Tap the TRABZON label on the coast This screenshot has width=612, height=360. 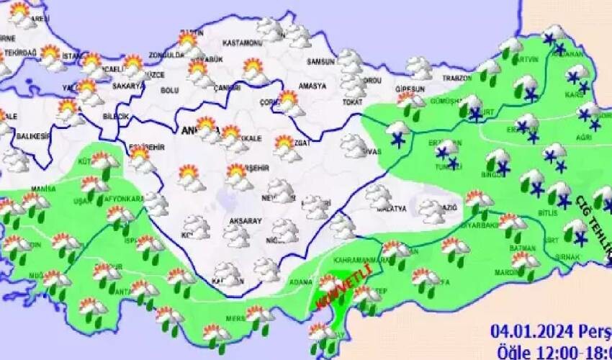pyautogui.click(x=456, y=78)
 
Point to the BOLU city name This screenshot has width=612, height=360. pyautogui.click(x=170, y=90)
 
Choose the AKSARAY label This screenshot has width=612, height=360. pyautogui.click(x=246, y=222)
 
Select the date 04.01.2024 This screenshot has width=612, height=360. pyautogui.click(x=526, y=331)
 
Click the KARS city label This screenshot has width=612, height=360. pyautogui.click(x=575, y=94)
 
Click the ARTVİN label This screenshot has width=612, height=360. pyautogui.click(x=525, y=59)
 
